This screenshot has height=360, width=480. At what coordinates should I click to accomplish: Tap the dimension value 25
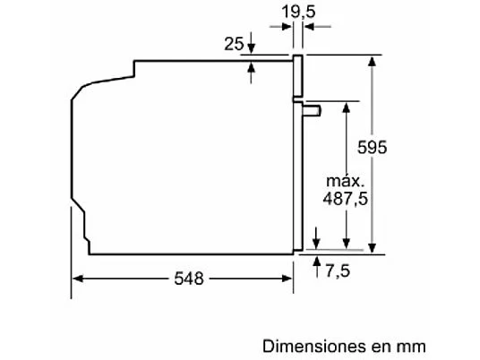point(234,44)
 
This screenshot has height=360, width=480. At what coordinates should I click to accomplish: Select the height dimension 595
point(373,147)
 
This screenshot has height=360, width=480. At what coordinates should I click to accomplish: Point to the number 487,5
point(346,199)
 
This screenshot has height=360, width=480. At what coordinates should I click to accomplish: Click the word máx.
point(346,181)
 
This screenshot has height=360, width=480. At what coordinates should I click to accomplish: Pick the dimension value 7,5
point(338,271)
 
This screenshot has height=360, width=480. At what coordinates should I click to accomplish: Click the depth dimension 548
point(189,279)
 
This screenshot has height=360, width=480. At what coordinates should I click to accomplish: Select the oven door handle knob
point(312,111)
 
